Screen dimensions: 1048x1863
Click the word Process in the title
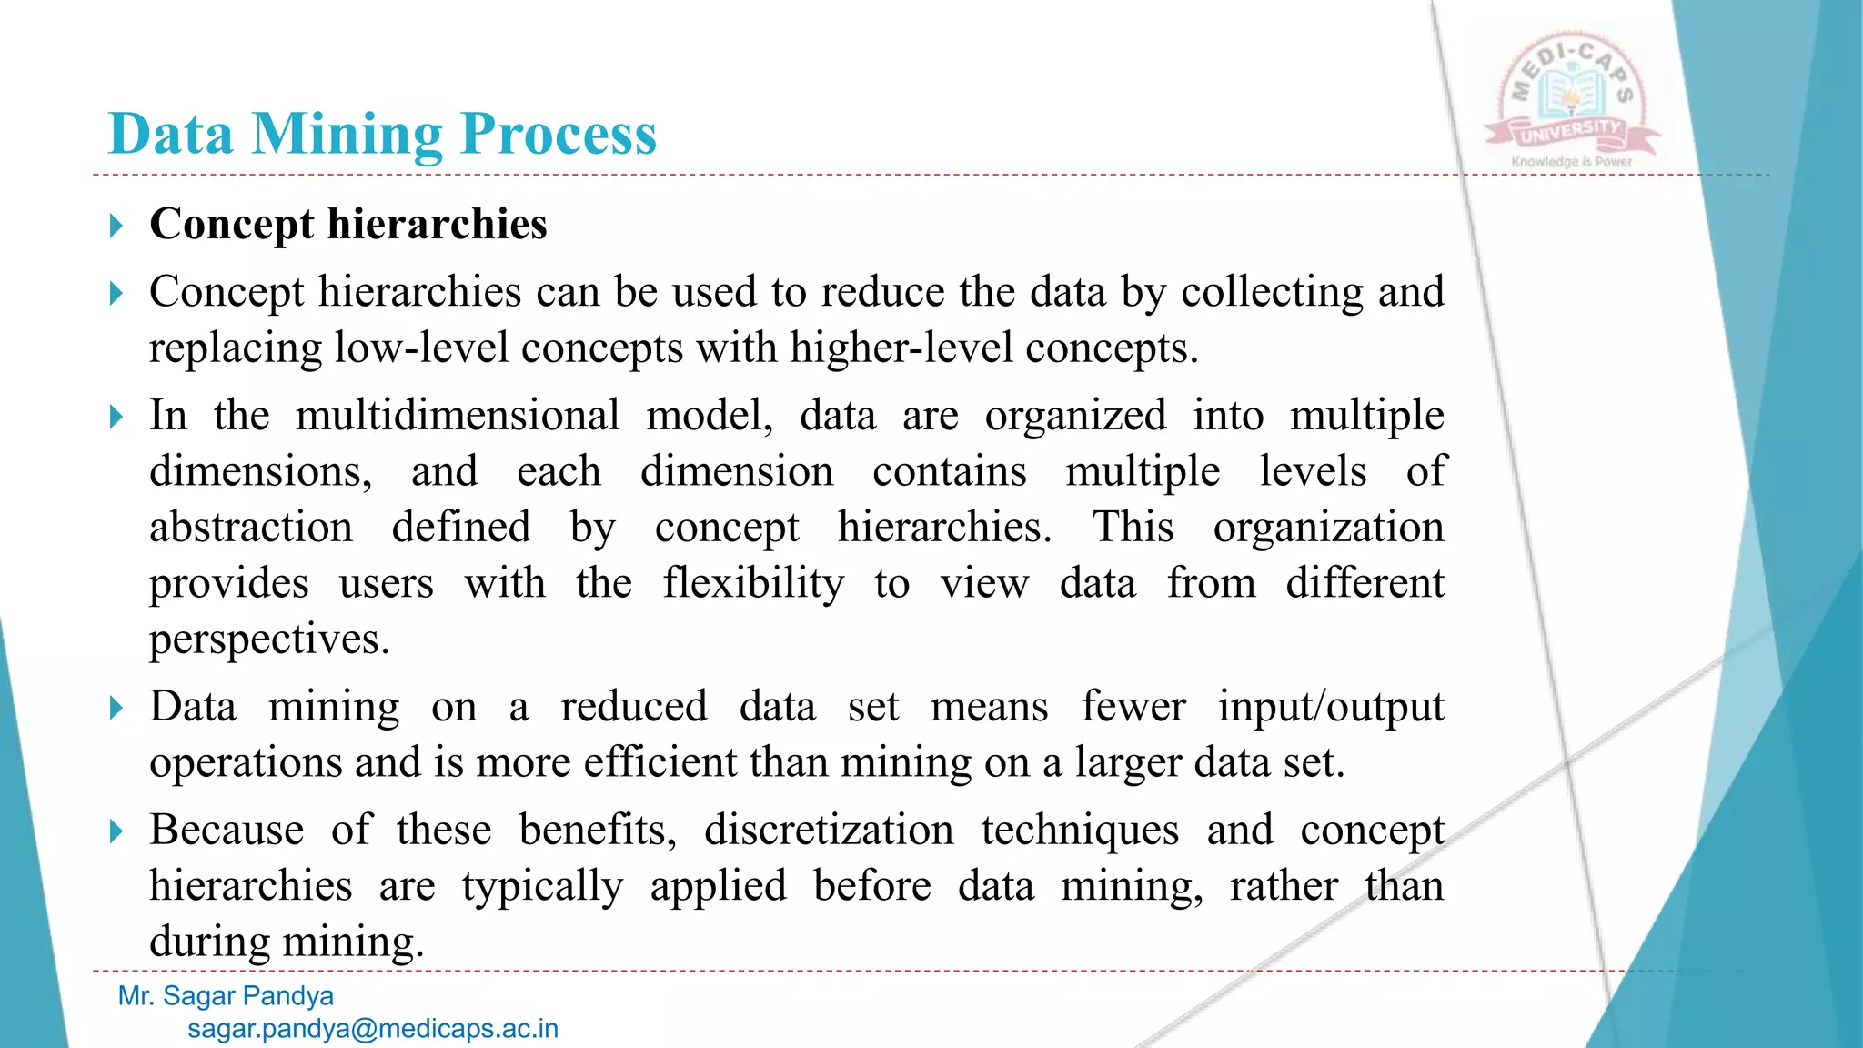559,135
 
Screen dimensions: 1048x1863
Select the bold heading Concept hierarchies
348,224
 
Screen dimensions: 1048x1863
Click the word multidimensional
458,416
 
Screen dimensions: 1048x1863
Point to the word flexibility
753,583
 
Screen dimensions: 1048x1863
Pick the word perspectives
269,640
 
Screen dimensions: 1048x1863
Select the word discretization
829,830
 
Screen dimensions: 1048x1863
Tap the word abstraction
251,528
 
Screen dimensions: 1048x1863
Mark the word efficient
660,762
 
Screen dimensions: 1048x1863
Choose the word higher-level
901,348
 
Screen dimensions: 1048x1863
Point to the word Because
227,830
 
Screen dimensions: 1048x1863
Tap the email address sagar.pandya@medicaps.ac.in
373,1029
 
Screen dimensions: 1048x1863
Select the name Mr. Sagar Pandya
226,996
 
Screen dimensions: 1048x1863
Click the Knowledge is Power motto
1572,162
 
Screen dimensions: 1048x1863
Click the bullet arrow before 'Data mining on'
116,708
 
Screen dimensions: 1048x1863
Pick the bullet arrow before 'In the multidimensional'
116,418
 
